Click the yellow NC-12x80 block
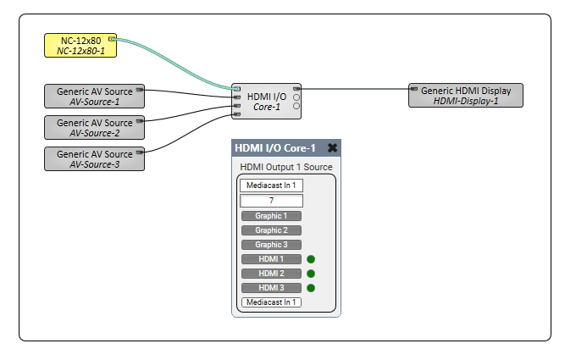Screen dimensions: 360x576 [x=80, y=45]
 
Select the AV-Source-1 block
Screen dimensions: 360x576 [x=95, y=96]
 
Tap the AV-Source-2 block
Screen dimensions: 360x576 [x=95, y=127]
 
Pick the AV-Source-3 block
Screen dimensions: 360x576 [x=95, y=158]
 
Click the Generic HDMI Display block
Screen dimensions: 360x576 [x=466, y=96]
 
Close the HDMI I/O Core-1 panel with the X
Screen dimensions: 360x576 [x=332, y=148]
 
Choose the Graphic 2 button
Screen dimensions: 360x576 [x=271, y=230]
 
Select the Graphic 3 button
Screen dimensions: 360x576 [x=271, y=245]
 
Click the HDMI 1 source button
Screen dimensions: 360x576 [x=271, y=259]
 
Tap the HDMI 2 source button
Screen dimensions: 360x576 [x=271, y=274]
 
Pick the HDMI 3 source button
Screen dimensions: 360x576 [x=271, y=288]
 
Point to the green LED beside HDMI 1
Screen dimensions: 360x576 [x=311, y=259]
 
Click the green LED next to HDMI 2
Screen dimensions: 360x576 [x=311, y=274]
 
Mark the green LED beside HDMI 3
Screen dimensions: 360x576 [x=311, y=288]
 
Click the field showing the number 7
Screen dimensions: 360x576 [x=271, y=201]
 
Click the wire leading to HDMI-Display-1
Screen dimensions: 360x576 [x=356, y=87]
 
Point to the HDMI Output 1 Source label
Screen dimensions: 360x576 [x=286, y=167]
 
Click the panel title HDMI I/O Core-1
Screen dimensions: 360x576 [x=274, y=148]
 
